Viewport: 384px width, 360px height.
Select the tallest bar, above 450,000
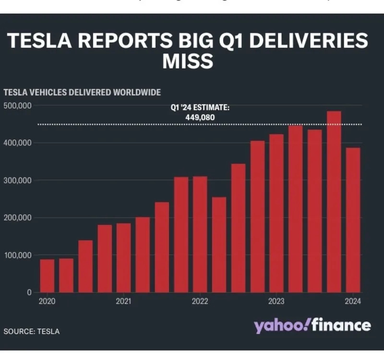coord(334,202)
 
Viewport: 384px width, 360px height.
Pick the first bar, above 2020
coord(47,276)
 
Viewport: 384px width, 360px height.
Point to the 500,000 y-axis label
coord(18,105)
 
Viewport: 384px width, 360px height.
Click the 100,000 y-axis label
coord(18,255)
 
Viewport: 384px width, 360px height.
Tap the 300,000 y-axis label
coord(18,180)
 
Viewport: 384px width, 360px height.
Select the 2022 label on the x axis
coord(200,302)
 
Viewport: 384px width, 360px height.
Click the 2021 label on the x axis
coord(123,302)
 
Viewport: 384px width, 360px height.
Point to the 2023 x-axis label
coord(276,302)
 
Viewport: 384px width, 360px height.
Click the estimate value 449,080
coord(200,117)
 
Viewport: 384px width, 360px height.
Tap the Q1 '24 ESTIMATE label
coord(200,108)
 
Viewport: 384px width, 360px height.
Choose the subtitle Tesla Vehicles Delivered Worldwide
coord(82,92)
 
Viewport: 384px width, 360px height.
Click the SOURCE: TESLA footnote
coord(32,331)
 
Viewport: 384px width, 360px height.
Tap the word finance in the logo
coord(341,325)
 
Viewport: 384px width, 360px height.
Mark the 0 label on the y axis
coord(30,292)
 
